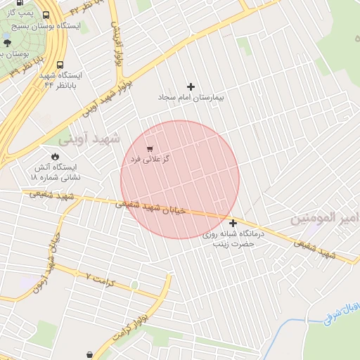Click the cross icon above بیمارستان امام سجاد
(191, 86)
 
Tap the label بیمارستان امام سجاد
(191, 97)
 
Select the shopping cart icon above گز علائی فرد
(150, 148)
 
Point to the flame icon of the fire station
(55, 156)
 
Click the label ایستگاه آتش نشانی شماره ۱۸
(57, 172)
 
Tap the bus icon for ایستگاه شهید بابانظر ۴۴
(60, 64)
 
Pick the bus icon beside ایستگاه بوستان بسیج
(46, 15)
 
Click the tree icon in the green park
(8, 42)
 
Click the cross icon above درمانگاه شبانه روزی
(233, 223)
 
